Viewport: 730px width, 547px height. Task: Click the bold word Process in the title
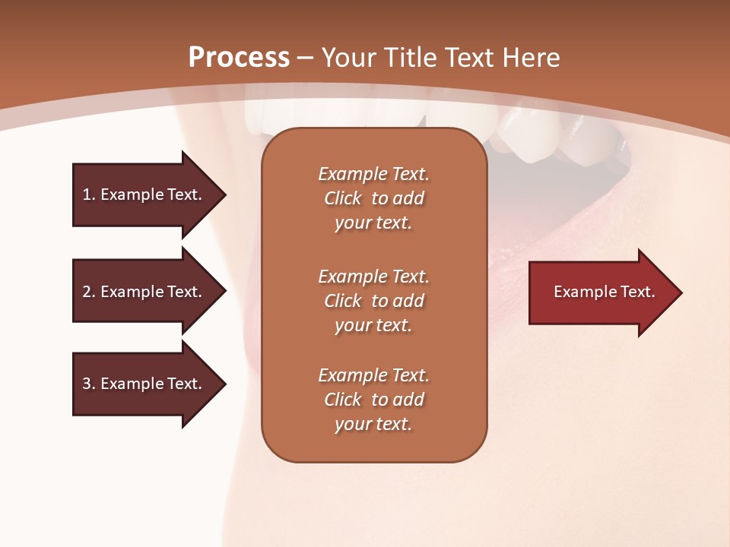coord(239,58)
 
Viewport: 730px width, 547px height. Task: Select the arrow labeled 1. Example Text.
coord(144,194)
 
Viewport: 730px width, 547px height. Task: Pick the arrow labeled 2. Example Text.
coord(144,292)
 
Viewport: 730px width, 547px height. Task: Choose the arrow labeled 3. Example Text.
coord(144,384)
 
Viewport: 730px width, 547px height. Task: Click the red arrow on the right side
coord(601,292)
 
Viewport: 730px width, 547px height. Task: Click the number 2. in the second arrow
coord(89,292)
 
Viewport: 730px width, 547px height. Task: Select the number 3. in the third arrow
coord(89,384)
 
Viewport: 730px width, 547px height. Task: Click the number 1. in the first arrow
coord(88,194)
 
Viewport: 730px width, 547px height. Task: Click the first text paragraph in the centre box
coord(373,198)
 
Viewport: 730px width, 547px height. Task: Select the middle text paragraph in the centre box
coord(373,301)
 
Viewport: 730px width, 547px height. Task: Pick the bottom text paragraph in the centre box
coord(373,400)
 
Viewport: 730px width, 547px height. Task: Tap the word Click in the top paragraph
coord(343,198)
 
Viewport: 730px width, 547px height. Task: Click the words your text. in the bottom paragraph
coord(373,424)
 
